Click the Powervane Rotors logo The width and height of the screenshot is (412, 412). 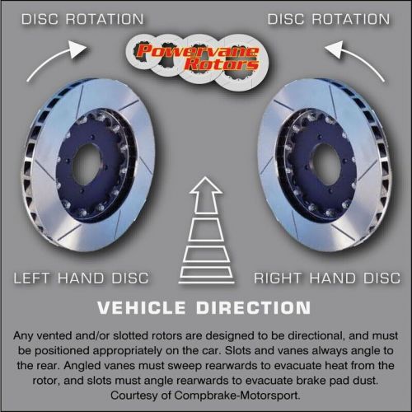[x=197, y=59]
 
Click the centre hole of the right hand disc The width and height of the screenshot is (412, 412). [x=327, y=164]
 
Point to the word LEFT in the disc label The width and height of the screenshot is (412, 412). [x=32, y=278]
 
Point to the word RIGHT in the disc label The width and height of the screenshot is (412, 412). [x=278, y=278]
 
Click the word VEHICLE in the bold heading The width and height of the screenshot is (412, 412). [x=142, y=307]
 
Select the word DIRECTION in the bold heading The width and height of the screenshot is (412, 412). [x=254, y=307]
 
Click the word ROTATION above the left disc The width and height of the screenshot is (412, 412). [x=105, y=19]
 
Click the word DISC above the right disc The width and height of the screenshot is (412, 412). [x=286, y=19]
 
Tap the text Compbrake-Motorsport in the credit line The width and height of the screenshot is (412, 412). [x=236, y=396]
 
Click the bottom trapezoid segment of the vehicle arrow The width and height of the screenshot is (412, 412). [x=206, y=275]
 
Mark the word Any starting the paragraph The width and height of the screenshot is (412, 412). [x=23, y=336]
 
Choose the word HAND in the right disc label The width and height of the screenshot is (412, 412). [x=332, y=278]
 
